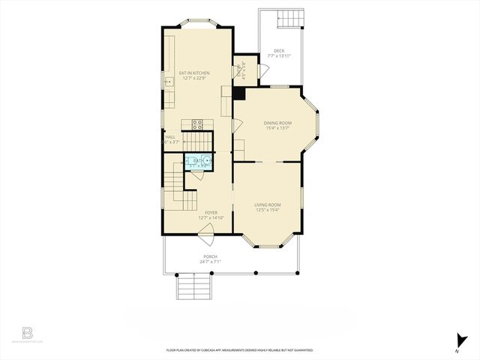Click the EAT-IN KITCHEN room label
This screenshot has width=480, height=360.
(x=193, y=73)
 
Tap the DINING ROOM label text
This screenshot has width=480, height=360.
(x=277, y=123)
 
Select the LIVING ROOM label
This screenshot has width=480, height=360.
(x=267, y=205)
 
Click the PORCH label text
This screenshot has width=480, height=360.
(x=209, y=256)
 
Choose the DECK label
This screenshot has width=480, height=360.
(x=278, y=51)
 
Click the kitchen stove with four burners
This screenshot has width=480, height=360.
(x=198, y=124)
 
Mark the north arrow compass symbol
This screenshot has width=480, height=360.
(x=457, y=342)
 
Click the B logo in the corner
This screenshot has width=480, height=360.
(x=27, y=332)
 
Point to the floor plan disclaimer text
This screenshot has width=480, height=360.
(x=239, y=350)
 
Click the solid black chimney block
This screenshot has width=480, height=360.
(x=238, y=94)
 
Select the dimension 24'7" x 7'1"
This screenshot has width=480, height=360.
(x=209, y=262)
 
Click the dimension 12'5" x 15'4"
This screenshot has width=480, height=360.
(x=267, y=210)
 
